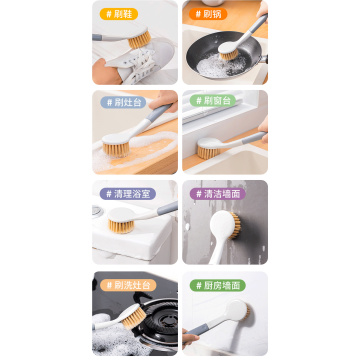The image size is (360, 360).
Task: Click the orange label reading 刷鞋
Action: (119, 14)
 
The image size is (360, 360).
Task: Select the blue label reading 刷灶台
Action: (123, 102)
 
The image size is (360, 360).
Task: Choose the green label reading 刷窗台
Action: (211, 102)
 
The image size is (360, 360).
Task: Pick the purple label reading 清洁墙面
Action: (216, 193)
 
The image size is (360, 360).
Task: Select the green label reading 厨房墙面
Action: (216, 285)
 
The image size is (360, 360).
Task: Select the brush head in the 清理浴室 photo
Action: (122, 223)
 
